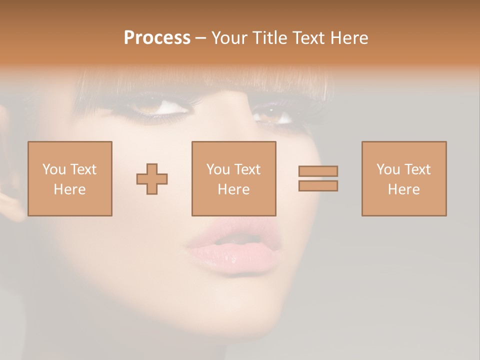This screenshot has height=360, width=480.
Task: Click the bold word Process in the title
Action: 157,38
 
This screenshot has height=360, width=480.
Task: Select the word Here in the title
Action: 348,38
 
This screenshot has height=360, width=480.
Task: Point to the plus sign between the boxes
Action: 152,179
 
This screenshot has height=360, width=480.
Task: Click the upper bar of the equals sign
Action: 318,171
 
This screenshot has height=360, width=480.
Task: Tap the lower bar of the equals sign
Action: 318,185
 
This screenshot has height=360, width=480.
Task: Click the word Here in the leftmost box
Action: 70,189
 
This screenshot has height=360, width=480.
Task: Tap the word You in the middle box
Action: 218,169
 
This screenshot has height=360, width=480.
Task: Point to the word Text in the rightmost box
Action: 417,169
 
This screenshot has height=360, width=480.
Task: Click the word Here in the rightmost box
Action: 404,189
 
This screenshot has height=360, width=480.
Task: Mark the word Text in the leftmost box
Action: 83,169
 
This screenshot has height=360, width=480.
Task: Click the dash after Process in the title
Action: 201,38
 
